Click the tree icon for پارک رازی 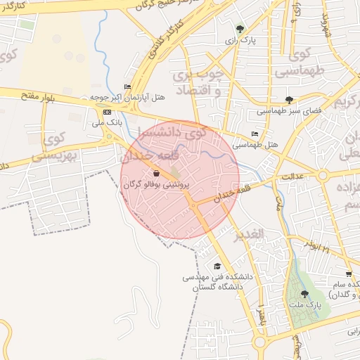(x=240, y=30)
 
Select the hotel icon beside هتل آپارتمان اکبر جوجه (x=127, y=87)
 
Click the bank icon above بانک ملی (x=107, y=112)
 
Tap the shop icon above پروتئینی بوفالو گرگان (x=155, y=173)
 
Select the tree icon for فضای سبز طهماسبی (x=289, y=100)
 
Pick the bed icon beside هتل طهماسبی (x=255, y=134)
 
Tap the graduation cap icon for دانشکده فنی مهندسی (x=217, y=266)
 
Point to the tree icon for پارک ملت (x=304, y=294)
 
